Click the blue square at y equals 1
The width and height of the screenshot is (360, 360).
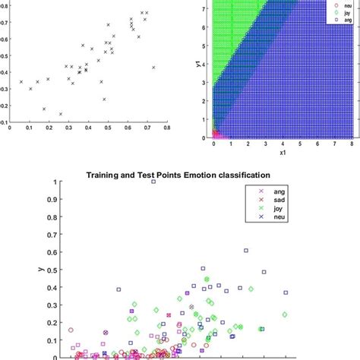153,182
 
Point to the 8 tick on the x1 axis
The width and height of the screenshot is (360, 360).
352,144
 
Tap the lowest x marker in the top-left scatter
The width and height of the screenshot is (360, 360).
61,114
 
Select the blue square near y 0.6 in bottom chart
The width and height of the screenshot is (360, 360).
245,250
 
